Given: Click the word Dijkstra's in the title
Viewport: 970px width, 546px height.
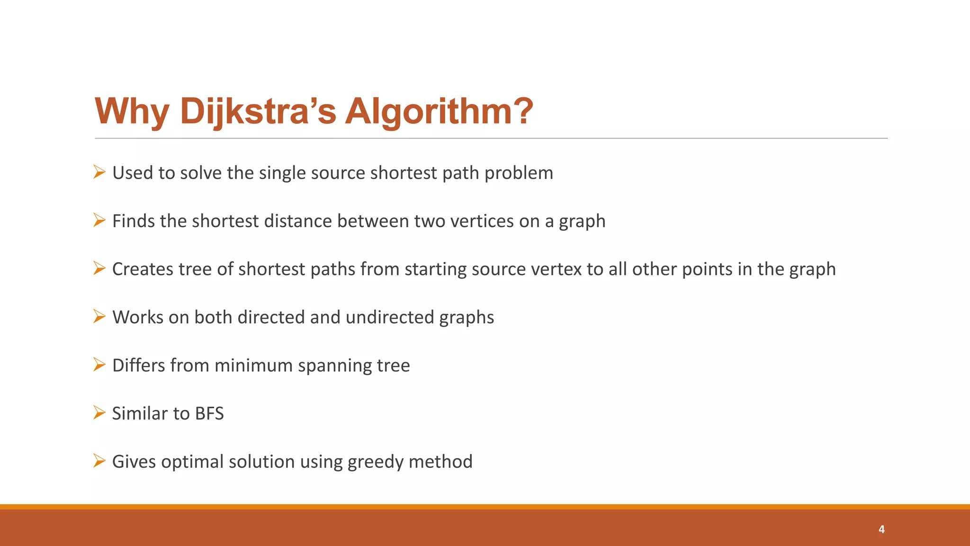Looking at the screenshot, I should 258,111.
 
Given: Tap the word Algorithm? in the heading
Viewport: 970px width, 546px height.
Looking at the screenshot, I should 439,111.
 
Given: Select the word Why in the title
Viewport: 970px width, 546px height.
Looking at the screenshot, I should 132,111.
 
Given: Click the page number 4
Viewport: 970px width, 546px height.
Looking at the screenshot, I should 881,529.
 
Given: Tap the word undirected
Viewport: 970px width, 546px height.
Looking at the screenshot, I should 390,317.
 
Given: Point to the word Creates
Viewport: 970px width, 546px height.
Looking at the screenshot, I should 143,269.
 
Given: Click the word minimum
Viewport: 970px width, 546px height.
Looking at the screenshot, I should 253,365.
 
